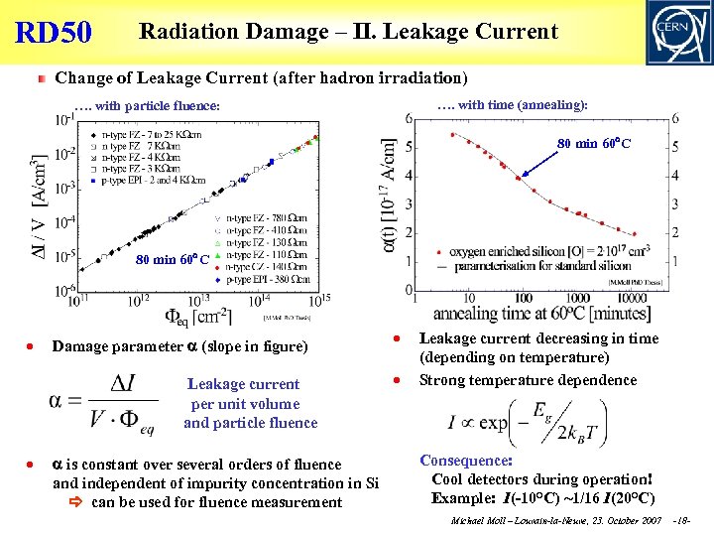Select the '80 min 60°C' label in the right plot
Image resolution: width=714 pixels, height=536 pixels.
tap(594, 144)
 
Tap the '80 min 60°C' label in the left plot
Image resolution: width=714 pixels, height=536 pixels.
tap(172, 260)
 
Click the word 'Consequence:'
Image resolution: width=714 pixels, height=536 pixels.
tap(466, 461)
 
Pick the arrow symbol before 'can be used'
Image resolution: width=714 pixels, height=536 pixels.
tap(74, 502)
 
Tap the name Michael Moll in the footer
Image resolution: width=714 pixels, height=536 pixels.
tap(484, 521)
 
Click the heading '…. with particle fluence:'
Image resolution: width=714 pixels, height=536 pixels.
tap(147, 106)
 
